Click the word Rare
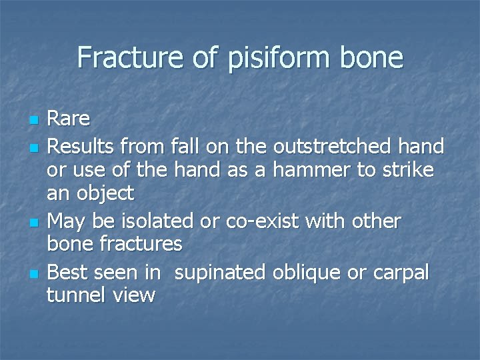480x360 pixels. [x=69, y=119]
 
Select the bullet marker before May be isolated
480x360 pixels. [x=33, y=221]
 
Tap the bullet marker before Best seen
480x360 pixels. [x=33, y=272]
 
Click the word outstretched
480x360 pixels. [x=345, y=145]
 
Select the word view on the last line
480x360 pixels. [x=133, y=295]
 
